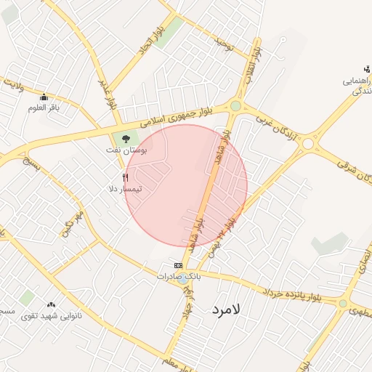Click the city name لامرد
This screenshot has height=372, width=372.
click(x=227, y=310)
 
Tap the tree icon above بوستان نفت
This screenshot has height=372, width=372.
click(x=126, y=137)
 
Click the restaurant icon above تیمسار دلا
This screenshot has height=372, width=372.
click(x=126, y=177)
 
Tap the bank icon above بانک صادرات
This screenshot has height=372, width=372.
click(x=178, y=266)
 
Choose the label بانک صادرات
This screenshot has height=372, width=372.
click(x=178, y=277)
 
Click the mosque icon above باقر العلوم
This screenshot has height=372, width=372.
click(x=44, y=97)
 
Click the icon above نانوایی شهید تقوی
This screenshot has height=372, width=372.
click(x=51, y=304)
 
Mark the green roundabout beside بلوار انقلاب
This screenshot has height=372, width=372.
click(x=235, y=106)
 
